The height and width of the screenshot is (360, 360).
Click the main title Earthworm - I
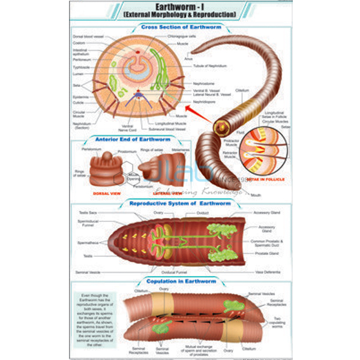click(x=180, y=7)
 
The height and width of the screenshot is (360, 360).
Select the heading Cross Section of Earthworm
click(x=180, y=27)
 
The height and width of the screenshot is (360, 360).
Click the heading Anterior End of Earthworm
click(x=129, y=139)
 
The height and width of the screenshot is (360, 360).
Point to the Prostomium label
click(x=130, y=151)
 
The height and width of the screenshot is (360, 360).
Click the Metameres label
click(x=181, y=151)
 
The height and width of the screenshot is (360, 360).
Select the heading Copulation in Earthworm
click(x=180, y=281)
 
